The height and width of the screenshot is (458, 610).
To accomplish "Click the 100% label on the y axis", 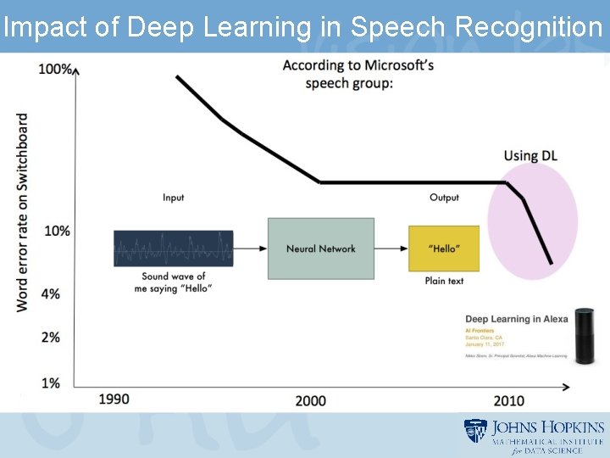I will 55,69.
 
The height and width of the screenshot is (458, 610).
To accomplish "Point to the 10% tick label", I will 58,230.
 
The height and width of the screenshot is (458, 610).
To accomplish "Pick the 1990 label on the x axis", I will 114,399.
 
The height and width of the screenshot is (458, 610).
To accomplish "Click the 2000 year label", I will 310,400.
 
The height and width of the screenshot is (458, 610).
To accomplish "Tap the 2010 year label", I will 508,400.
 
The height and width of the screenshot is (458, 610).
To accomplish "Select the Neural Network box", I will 320,249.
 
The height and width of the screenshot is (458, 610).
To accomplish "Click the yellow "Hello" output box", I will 443,249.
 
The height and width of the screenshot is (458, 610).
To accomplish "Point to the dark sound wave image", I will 174,249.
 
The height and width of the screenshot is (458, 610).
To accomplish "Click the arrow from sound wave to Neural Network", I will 250,249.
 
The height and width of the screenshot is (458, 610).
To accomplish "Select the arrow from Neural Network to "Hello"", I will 391,249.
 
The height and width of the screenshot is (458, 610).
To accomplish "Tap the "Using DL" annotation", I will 530,155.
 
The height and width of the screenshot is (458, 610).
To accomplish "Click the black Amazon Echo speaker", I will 585,337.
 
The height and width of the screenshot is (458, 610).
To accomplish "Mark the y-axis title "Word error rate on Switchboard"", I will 23,212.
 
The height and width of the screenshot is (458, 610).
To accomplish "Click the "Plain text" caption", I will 444,281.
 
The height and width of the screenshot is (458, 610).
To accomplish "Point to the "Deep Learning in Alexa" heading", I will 516,319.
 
